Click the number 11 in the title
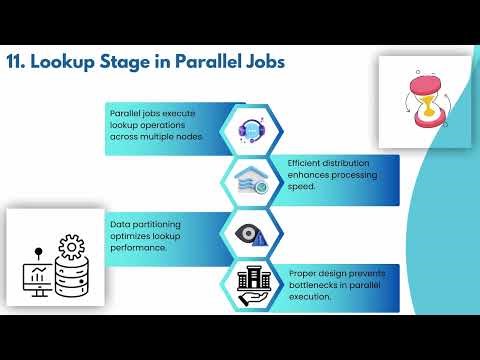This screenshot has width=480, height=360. coord(16,62)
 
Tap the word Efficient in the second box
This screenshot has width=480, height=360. coord(305,163)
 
